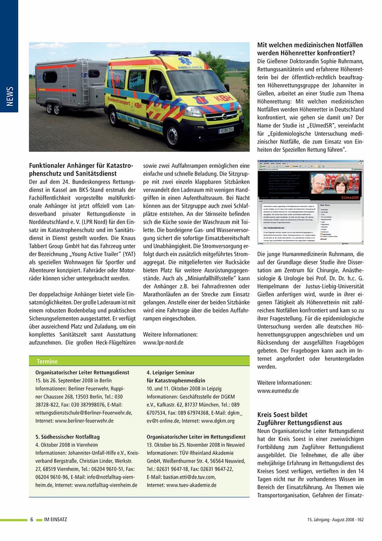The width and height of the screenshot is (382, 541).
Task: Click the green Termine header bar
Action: pyautogui.click(x=139, y=361)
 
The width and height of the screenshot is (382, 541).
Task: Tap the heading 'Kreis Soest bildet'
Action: pyautogui.click(x=282, y=415)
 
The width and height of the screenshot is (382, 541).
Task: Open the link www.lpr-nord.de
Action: pyautogui.click(x=163, y=343)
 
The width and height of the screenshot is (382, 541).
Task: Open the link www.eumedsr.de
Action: pyautogui.click(x=278, y=391)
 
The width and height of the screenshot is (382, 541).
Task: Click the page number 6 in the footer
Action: pyautogui.click(x=32, y=519)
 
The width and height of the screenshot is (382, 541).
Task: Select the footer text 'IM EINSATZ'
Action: pyautogui.click(x=56, y=519)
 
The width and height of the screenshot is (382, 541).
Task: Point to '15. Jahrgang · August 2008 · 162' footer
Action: pyautogui.click(x=335, y=519)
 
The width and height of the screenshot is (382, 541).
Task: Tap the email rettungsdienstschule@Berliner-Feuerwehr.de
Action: pyautogui.click(x=84, y=413)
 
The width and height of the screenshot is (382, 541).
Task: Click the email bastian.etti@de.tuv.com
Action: pyautogui.click(x=181, y=477)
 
